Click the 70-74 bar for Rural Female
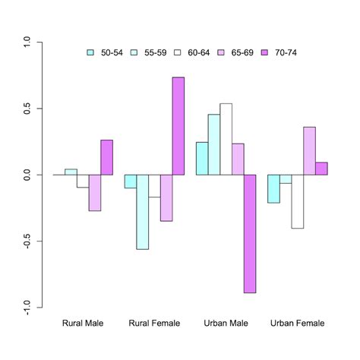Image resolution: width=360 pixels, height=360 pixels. pos(178,126)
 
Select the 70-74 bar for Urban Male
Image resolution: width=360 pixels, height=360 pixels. pos(250,233)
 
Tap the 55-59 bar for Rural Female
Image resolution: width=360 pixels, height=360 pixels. pos(142,212)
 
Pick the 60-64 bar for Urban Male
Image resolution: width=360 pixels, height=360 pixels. pos(226,139)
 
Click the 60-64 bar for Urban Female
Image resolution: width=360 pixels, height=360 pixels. pos(297,201)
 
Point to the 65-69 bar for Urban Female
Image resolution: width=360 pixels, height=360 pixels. pos(309,150)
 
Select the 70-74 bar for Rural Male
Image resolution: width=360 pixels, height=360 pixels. pos(106,157)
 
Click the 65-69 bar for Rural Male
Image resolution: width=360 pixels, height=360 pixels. pos(94,192)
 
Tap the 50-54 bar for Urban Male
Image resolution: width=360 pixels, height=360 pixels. pos(202,158)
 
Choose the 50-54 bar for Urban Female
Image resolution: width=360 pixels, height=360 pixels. pos(273,188)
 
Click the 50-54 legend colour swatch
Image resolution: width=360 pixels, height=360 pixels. pos(92,52)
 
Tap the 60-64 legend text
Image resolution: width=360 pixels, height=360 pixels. pos(198,52)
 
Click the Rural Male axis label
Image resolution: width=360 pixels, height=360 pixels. pos(83,324)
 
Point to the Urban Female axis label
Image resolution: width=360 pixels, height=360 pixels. pos(297,324)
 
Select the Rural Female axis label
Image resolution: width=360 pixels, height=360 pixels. pos(154,324)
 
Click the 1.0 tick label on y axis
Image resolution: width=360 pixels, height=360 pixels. pos(27,43)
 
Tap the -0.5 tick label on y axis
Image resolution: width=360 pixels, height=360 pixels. pos(27,242)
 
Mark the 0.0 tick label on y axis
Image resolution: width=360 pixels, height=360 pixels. pos(27,175)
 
